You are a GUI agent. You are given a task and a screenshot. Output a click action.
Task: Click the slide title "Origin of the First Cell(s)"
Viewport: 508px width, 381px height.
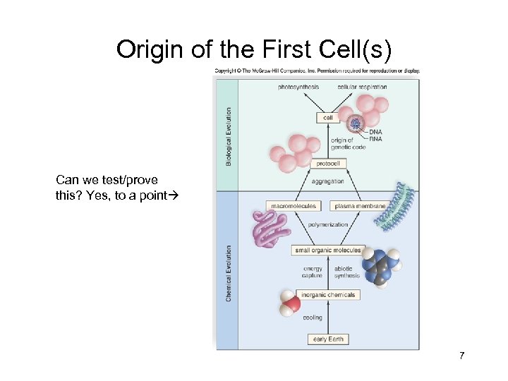[x=253, y=49]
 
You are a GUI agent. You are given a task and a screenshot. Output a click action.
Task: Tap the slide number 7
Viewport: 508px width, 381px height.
[x=461, y=356]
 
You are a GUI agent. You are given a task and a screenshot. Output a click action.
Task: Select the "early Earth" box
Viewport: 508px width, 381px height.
[x=328, y=339]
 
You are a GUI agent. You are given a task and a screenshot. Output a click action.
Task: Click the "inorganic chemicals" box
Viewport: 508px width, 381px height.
[x=327, y=294]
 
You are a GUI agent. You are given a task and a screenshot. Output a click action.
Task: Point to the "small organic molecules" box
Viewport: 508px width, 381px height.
[x=327, y=250]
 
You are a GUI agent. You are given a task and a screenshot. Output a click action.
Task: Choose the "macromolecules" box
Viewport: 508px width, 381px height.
[x=294, y=206]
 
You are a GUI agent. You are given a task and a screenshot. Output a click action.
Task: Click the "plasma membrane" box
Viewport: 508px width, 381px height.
[x=360, y=206]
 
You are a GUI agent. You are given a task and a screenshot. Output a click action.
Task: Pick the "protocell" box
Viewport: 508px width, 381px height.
[x=327, y=164]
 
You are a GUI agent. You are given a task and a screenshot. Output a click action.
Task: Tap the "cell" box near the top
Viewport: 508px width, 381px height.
[x=327, y=118]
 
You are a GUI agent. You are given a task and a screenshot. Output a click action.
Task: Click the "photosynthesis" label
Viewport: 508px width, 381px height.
[x=298, y=87]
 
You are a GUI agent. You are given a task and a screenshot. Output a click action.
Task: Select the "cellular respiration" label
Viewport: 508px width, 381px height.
[x=363, y=87]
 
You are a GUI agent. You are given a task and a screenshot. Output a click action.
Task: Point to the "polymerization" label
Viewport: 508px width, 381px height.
[x=327, y=224]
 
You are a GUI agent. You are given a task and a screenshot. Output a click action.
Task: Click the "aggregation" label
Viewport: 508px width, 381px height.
[x=327, y=181]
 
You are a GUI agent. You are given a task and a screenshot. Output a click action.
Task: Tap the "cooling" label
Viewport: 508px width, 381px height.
[x=313, y=317]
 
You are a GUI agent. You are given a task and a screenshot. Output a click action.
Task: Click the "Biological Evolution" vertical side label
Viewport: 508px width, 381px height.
[x=228, y=136]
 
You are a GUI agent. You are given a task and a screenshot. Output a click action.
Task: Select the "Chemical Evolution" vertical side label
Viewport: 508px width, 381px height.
[x=228, y=273]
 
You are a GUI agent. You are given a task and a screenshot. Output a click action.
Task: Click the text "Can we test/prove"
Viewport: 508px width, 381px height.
[x=107, y=180]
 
